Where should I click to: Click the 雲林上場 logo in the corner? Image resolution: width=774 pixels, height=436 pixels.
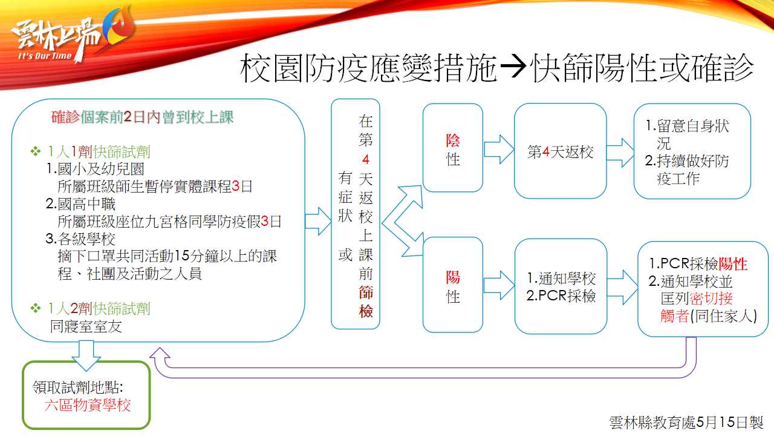click(x=73, y=35)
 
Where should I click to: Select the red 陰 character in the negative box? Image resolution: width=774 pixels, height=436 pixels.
click(x=453, y=140)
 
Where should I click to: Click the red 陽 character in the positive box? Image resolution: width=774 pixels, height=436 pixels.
click(x=453, y=277)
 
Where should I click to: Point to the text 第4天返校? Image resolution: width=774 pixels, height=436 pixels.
click(x=560, y=151)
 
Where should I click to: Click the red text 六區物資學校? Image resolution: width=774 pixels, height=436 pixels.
click(x=88, y=405)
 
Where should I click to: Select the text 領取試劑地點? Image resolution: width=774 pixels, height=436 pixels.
click(x=78, y=387)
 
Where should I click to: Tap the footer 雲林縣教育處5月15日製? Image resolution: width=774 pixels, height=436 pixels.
click(x=686, y=422)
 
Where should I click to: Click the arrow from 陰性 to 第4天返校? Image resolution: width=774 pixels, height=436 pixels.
click(x=499, y=150)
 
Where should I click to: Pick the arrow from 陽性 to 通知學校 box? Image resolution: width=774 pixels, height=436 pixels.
click(x=499, y=285)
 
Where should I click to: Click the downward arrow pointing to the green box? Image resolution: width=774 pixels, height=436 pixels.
click(x=86, y=355)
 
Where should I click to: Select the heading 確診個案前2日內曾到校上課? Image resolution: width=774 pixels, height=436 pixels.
click(x=142, y=117)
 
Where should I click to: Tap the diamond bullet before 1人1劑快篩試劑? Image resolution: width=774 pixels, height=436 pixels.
click(x=36, y=151)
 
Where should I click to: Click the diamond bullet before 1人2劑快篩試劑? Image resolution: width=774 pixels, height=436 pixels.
click(x=36, y=308)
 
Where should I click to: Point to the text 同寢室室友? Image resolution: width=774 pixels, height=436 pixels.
click(x=86, y=326)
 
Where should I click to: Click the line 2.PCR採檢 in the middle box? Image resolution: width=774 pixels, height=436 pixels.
click(x=561, y=296)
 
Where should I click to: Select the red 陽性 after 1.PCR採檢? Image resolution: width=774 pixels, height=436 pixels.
click(x=732, y=264)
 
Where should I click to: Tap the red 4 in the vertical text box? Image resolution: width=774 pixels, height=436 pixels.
click(x=366, y=159)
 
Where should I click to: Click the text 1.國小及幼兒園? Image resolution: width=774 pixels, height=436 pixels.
click(x=95, y=169)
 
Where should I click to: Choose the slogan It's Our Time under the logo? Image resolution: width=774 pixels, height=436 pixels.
click(x=45, y=56)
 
